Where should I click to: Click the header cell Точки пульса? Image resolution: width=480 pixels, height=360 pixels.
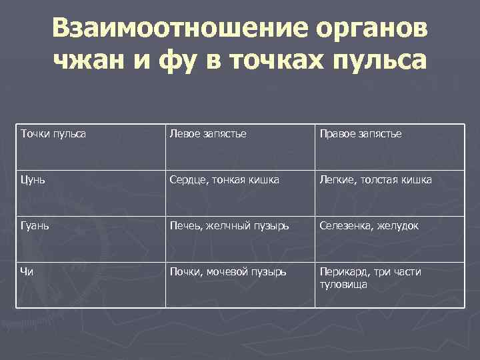(54, 134)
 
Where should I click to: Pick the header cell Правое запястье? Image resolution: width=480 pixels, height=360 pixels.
(360, 134)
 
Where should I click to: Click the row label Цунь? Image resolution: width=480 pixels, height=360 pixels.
(34, 180)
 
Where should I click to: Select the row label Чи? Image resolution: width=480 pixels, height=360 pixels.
(28, 272)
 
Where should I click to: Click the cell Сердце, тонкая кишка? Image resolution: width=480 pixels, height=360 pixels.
(224, 180)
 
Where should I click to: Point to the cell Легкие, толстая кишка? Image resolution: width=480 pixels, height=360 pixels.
(375, 180)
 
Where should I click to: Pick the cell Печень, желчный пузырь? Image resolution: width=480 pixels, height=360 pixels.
(229, 226)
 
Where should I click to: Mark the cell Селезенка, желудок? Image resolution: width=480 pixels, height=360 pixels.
(369, 226)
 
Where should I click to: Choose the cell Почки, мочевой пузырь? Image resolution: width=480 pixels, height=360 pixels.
(227, 272)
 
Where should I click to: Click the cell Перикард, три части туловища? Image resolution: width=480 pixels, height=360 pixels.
(370, 278)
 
